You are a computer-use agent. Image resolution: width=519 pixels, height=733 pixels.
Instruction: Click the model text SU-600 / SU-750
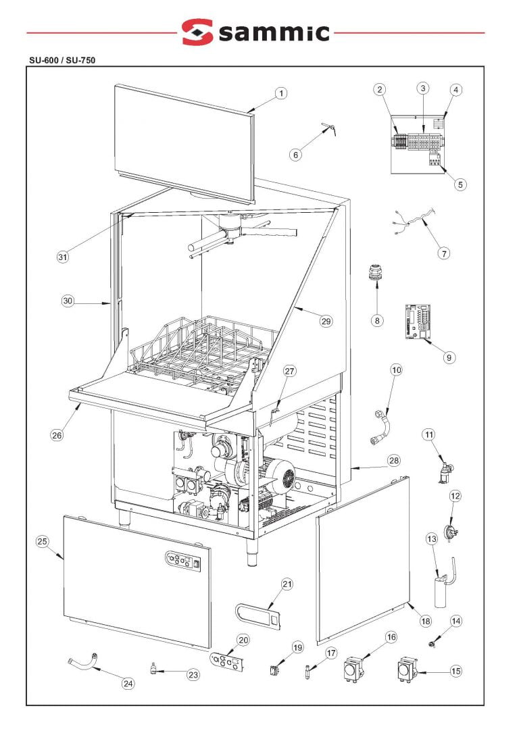pyautogui.click(x=60, y=59)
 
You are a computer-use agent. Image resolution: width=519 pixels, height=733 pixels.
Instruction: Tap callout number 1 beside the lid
pyautogui.click(x=281, y=94)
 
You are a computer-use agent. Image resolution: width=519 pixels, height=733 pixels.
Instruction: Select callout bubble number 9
pyautogui.click(x=449, y=357)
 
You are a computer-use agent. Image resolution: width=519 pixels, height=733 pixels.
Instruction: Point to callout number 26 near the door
pyautogui.click(x=57, y=435)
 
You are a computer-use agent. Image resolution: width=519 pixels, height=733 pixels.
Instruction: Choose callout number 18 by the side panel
pyautogui.click(x=425, y=620)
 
